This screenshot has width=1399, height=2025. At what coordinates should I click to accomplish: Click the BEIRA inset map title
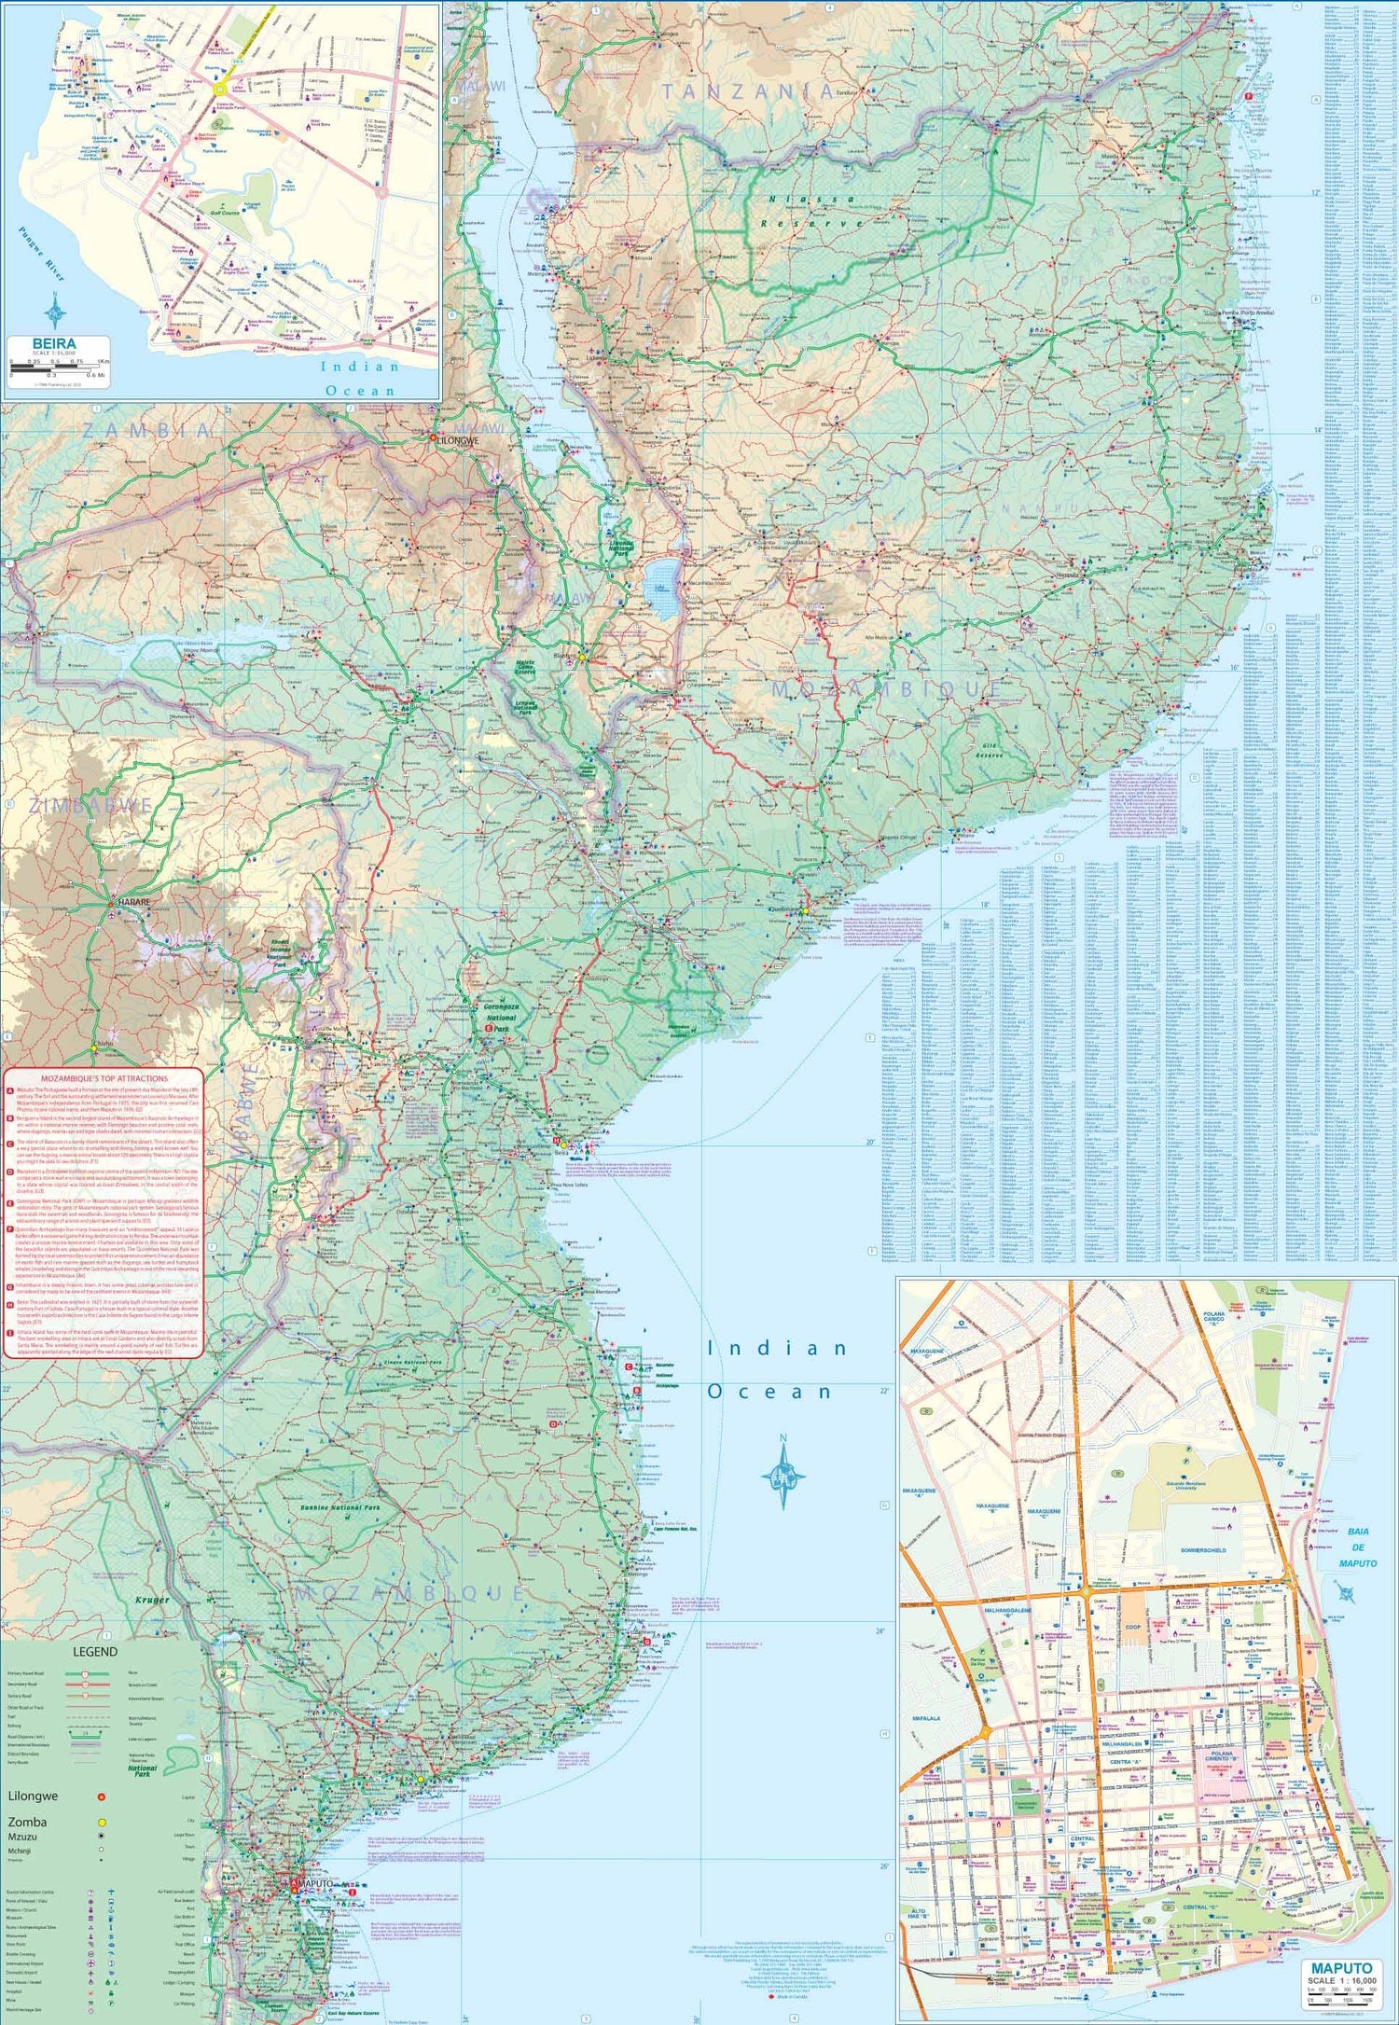(54, 343)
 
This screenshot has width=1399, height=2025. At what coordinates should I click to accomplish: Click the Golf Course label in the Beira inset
(225, 213)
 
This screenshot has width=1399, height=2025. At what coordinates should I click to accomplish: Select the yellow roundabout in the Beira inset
(221, 90)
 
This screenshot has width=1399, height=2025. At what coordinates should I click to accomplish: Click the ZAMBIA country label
(149, 430)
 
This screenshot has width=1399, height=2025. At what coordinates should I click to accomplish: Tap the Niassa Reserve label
(811, 212)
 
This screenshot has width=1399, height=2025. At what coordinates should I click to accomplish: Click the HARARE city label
(133, 903)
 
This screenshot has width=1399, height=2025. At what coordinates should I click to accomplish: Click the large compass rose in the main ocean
(783, 1474)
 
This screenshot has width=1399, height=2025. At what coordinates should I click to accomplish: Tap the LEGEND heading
(96, 1651)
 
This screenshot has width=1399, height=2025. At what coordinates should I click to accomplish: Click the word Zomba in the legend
(27, 1822)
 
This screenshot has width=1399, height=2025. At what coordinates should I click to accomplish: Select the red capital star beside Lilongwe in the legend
(101, 1796)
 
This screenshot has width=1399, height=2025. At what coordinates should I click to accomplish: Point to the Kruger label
(152, 1600)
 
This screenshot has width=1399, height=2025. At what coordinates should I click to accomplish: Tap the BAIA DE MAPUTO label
(1357, 1547)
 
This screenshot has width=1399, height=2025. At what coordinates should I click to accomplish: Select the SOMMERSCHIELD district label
(1203, 1550)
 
